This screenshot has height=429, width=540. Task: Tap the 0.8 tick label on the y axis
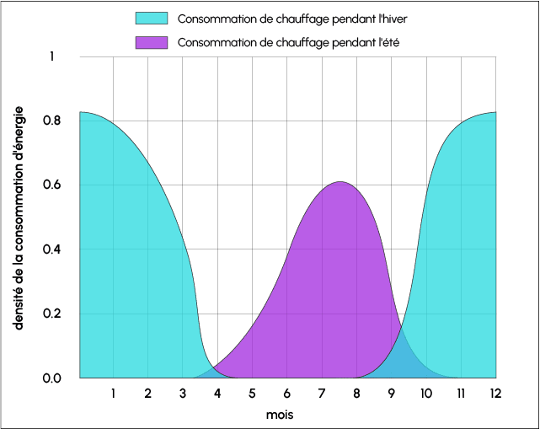52,121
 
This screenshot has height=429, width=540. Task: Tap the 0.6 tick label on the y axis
52,185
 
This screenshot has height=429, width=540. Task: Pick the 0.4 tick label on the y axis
52,249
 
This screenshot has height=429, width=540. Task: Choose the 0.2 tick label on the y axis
52,314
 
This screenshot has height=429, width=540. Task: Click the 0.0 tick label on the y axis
52,378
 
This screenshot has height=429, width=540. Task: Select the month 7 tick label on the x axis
322,393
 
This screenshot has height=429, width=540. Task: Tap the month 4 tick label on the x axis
217,393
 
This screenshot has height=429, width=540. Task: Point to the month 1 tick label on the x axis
113,393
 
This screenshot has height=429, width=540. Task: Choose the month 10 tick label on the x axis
426,393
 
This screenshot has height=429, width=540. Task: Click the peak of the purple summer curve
340,182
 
